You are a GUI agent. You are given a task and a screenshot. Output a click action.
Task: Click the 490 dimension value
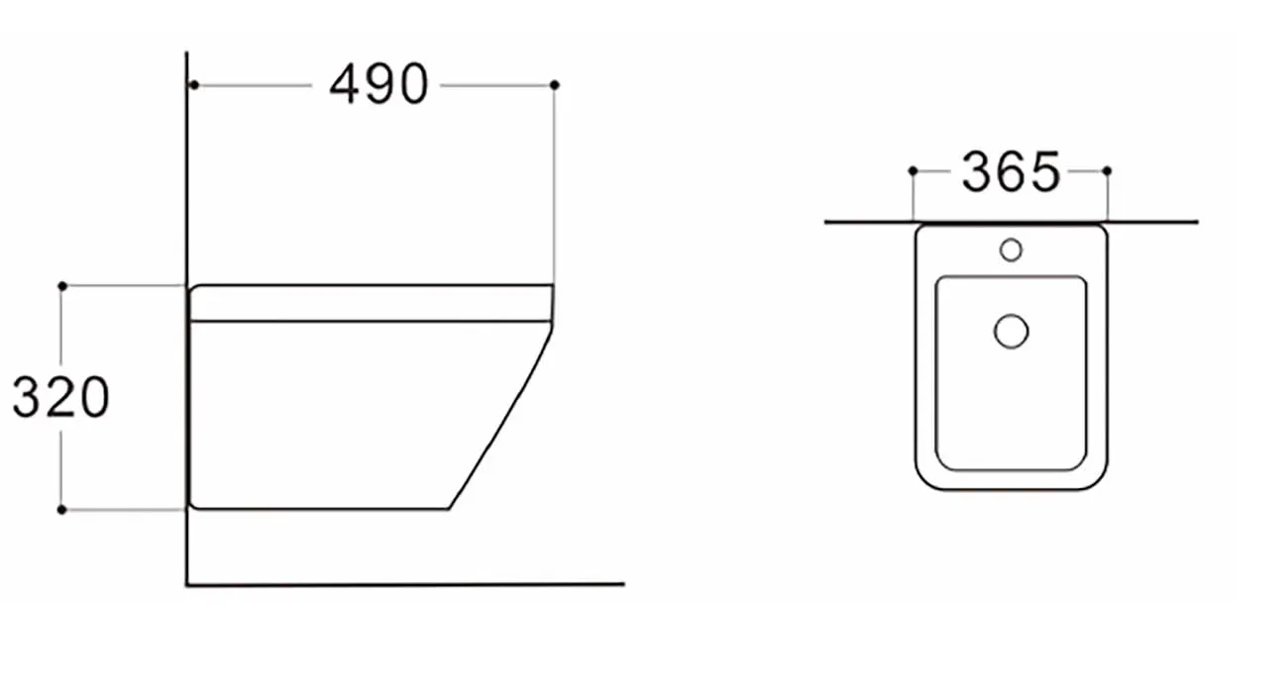coord(378,85)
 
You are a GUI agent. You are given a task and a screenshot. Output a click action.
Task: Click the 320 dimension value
coord(60,398)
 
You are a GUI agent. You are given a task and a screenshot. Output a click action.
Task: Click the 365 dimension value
coord(1011,173)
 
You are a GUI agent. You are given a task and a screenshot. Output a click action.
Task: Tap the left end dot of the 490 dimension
coord(194,85)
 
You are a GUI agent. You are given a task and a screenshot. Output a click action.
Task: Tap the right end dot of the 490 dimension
coord(554,85)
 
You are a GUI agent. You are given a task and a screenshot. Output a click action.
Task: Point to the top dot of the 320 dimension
coord(62,285)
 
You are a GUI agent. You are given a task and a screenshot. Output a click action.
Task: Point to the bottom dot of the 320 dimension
coord(62,510)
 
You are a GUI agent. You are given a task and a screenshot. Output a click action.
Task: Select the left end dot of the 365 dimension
coord(912,171)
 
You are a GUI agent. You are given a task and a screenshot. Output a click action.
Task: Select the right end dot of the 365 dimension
coord(1107,171)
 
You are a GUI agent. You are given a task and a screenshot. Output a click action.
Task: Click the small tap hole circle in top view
coord(1011,249)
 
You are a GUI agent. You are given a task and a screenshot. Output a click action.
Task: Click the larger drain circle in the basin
coord(1011,331)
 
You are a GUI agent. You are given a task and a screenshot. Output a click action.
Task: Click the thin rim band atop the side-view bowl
coord(371,303)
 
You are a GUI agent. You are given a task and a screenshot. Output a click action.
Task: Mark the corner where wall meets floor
coord(187,584)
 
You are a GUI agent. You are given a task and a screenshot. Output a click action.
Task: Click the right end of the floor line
coord(622,584)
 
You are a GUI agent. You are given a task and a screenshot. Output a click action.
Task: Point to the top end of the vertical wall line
coord(186,55)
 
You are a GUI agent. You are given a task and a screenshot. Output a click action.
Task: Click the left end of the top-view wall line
coord(827,223)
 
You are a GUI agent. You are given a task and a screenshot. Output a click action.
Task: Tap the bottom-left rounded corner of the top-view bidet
coord(925,479)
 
